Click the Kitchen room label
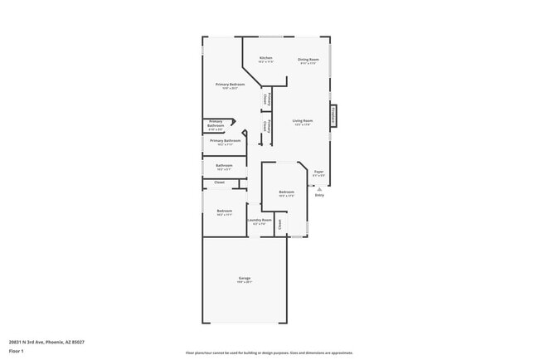[x=265, y=57]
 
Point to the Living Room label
[x=302, y=121]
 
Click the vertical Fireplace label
[x=333, y=115]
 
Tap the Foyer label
[x=318, y=172]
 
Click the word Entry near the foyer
[x=319, y=196]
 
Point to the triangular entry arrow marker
[x=319, y=189]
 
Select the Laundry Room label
[x=260, y=220]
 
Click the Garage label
[x=245, y=277]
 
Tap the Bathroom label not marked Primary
[x=225, y=165]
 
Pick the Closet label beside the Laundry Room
[x=280, y=224]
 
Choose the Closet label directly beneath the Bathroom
[x=220, y=182]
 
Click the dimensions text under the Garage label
[x=245, y=281]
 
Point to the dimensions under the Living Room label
[x=302, y=125]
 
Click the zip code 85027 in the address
[x=77, y=342]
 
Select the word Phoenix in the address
[x=55, y=342]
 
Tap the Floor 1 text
[x=16, y=351]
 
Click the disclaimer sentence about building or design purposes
[x=269, y=353]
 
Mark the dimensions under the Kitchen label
[x=265, y=62]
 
